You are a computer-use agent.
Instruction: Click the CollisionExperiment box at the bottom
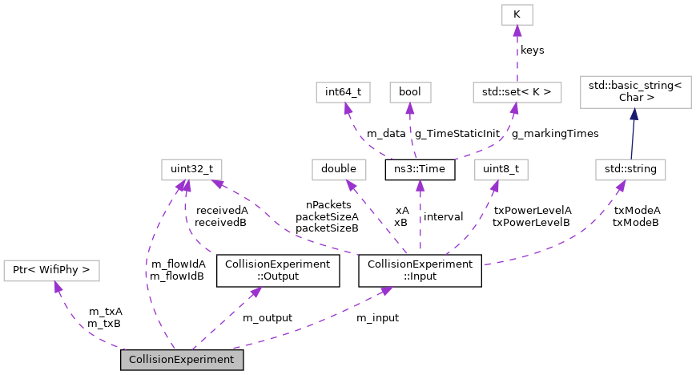(x=182, y=360)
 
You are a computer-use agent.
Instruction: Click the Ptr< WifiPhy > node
(x=52, y=271)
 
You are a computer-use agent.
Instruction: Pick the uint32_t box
(x=191, y=169)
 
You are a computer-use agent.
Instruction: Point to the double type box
(x=339, y=169)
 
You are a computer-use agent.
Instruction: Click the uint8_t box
(x=501, y=169)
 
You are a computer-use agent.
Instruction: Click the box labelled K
(x=517, y=14)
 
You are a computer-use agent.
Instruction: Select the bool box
(x=410, y=91)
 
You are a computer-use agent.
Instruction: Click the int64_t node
(x=343, y=91)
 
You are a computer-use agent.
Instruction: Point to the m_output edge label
(x=267, y=318)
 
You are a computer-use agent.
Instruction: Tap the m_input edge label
(x=377, y=318)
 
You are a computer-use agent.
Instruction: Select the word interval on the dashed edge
(x=443, y=216)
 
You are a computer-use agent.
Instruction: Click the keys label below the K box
(x=532, y=50)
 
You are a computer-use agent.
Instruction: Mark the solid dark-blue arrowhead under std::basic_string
(x=633, y=116)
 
